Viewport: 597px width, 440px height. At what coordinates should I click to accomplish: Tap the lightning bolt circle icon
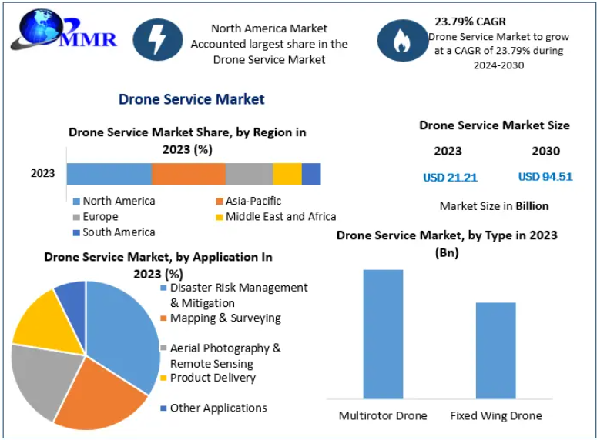click(157, 40)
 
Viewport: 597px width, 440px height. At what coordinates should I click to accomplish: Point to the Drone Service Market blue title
click(191, 99)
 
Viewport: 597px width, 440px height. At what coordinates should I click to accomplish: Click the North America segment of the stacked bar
click(109, 174)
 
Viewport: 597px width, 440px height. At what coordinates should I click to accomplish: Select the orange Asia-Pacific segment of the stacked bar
click(188, 174)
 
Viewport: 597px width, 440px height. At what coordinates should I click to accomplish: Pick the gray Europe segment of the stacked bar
click(249, 174)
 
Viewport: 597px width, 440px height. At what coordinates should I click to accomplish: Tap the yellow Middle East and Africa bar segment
click(287, 174)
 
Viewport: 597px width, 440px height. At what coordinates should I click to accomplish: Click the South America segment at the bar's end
click(311, 174)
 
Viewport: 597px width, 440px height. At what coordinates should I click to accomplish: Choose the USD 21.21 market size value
click(450, 177)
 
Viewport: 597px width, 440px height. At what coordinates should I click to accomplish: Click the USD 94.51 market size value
click(545, 177)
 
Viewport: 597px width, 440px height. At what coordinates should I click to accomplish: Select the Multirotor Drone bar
click(383, 334)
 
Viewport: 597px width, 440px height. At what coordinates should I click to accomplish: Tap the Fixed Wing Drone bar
click(495, 350)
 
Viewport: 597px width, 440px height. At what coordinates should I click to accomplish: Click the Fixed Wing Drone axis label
click(495, 415)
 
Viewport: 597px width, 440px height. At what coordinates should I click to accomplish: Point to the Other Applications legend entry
click(218, 408)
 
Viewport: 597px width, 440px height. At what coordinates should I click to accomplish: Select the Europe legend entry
click(100, 217)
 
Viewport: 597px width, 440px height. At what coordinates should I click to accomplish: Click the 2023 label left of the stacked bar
click(43, 173)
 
